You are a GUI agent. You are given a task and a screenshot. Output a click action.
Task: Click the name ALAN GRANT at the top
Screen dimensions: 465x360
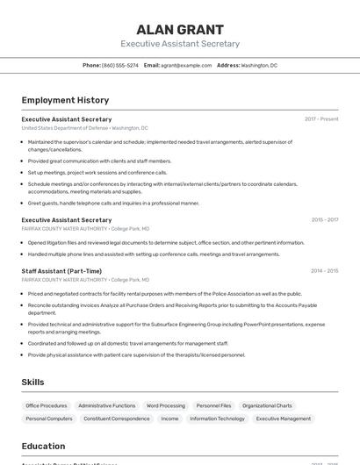pyautogui.click(x=180, y=29)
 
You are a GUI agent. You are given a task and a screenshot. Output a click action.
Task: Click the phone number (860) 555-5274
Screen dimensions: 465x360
pyautogui.click(x=119, y=65)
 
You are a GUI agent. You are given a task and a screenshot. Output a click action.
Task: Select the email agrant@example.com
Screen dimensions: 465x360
pyautogui.click(x=186, y=65)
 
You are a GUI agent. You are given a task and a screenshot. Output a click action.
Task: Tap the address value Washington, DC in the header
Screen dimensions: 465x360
pyautogui.click(x=259, y=65)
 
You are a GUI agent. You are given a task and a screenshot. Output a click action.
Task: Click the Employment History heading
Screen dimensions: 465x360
pyautogui.click(x=65, y=100)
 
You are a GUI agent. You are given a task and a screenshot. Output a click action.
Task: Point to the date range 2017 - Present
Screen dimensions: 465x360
pyautogui.click(x=321, y=119)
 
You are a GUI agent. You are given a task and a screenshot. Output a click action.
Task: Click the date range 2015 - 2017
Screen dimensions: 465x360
pyautogui.click(x=324, y=220)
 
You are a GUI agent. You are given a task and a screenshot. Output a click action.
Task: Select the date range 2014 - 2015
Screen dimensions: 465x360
pyautogui.click(x=324, y=271)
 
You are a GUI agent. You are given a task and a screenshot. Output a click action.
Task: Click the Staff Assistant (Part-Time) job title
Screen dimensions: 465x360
pyautogui.click(x=61, y=271)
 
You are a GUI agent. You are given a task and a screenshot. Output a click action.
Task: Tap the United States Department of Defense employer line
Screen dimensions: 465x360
pyautogui.click(x=85, y=128)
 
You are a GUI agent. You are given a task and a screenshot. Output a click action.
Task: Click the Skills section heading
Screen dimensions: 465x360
pyautogui.click(x=32, y=383)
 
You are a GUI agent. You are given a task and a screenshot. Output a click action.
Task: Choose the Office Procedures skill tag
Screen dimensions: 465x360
pyautogui.click(x=47, y=406)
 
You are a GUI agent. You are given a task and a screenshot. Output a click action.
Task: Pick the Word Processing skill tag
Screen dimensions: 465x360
pyautogui.click(x=166, y=406)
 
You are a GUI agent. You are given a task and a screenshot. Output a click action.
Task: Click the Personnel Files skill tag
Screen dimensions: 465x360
pyautogui.click(x=213, y=406)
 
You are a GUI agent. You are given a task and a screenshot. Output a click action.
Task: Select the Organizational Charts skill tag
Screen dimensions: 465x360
pyautogui.click(x=267, y=406)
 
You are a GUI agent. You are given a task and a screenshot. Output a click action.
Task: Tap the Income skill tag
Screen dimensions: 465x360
pyautogui.click(x=169, y=419)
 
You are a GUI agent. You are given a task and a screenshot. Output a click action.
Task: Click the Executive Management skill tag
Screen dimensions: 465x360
pyautogui.click(x=283, y=419)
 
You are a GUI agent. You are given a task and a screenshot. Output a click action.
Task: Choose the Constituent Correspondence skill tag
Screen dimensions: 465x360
pyautogui.click(x=117, y=419)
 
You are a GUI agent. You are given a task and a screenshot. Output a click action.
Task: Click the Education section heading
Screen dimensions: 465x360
pyautogui.click(x=43, y=446)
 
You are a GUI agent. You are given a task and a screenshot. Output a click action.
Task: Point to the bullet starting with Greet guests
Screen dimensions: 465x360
pyautogui.click(x=113, y=203)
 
